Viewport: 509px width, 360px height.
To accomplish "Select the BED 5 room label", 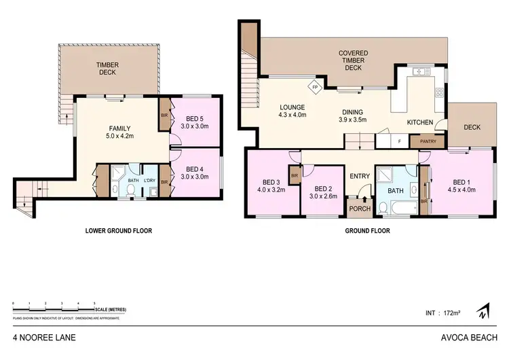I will click(193, 116).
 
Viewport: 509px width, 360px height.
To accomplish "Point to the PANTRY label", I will click(428, 141).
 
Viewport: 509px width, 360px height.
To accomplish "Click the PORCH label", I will click(358, 209).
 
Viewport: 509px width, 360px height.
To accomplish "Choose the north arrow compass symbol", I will click(483, 312).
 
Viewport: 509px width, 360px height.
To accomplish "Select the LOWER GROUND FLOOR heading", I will click(118, 231).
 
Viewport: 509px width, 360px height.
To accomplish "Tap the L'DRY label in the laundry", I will click(150, 181).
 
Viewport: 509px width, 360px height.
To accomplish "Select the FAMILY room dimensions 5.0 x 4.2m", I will click(120, 137).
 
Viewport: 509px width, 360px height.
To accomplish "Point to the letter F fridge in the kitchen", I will click(400, 142).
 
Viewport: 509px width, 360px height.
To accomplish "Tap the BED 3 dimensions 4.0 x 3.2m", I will click(271, 190).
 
